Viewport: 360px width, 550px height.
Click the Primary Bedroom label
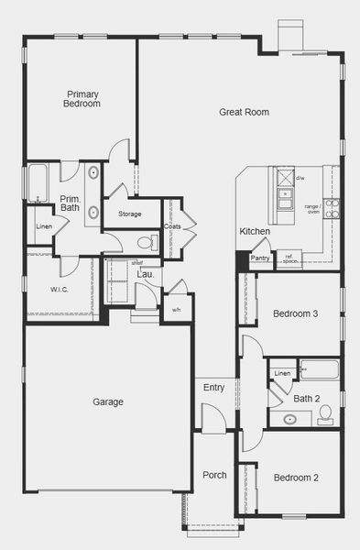click(x=82, y=98)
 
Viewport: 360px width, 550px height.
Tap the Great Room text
click(x=244, y=112)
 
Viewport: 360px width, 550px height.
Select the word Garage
click(x=108, y=401)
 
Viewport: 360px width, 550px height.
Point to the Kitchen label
click(x=255, y=232)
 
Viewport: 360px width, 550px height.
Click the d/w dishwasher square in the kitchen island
click(x=286, y=176)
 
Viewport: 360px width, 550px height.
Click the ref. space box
click(x=289, y=258)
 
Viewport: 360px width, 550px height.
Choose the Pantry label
click(x=260, y=258)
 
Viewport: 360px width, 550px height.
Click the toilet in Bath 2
click(x=325, y=418)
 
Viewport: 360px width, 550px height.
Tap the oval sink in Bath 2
click(x=289, y=420)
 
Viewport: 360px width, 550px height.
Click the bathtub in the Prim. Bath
click(x=38, y=181)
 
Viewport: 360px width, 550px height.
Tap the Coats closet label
click(x=172, y=226)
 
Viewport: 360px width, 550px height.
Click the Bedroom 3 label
click(x=295, y=314)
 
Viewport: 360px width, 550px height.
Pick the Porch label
click(x=214, y=475)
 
